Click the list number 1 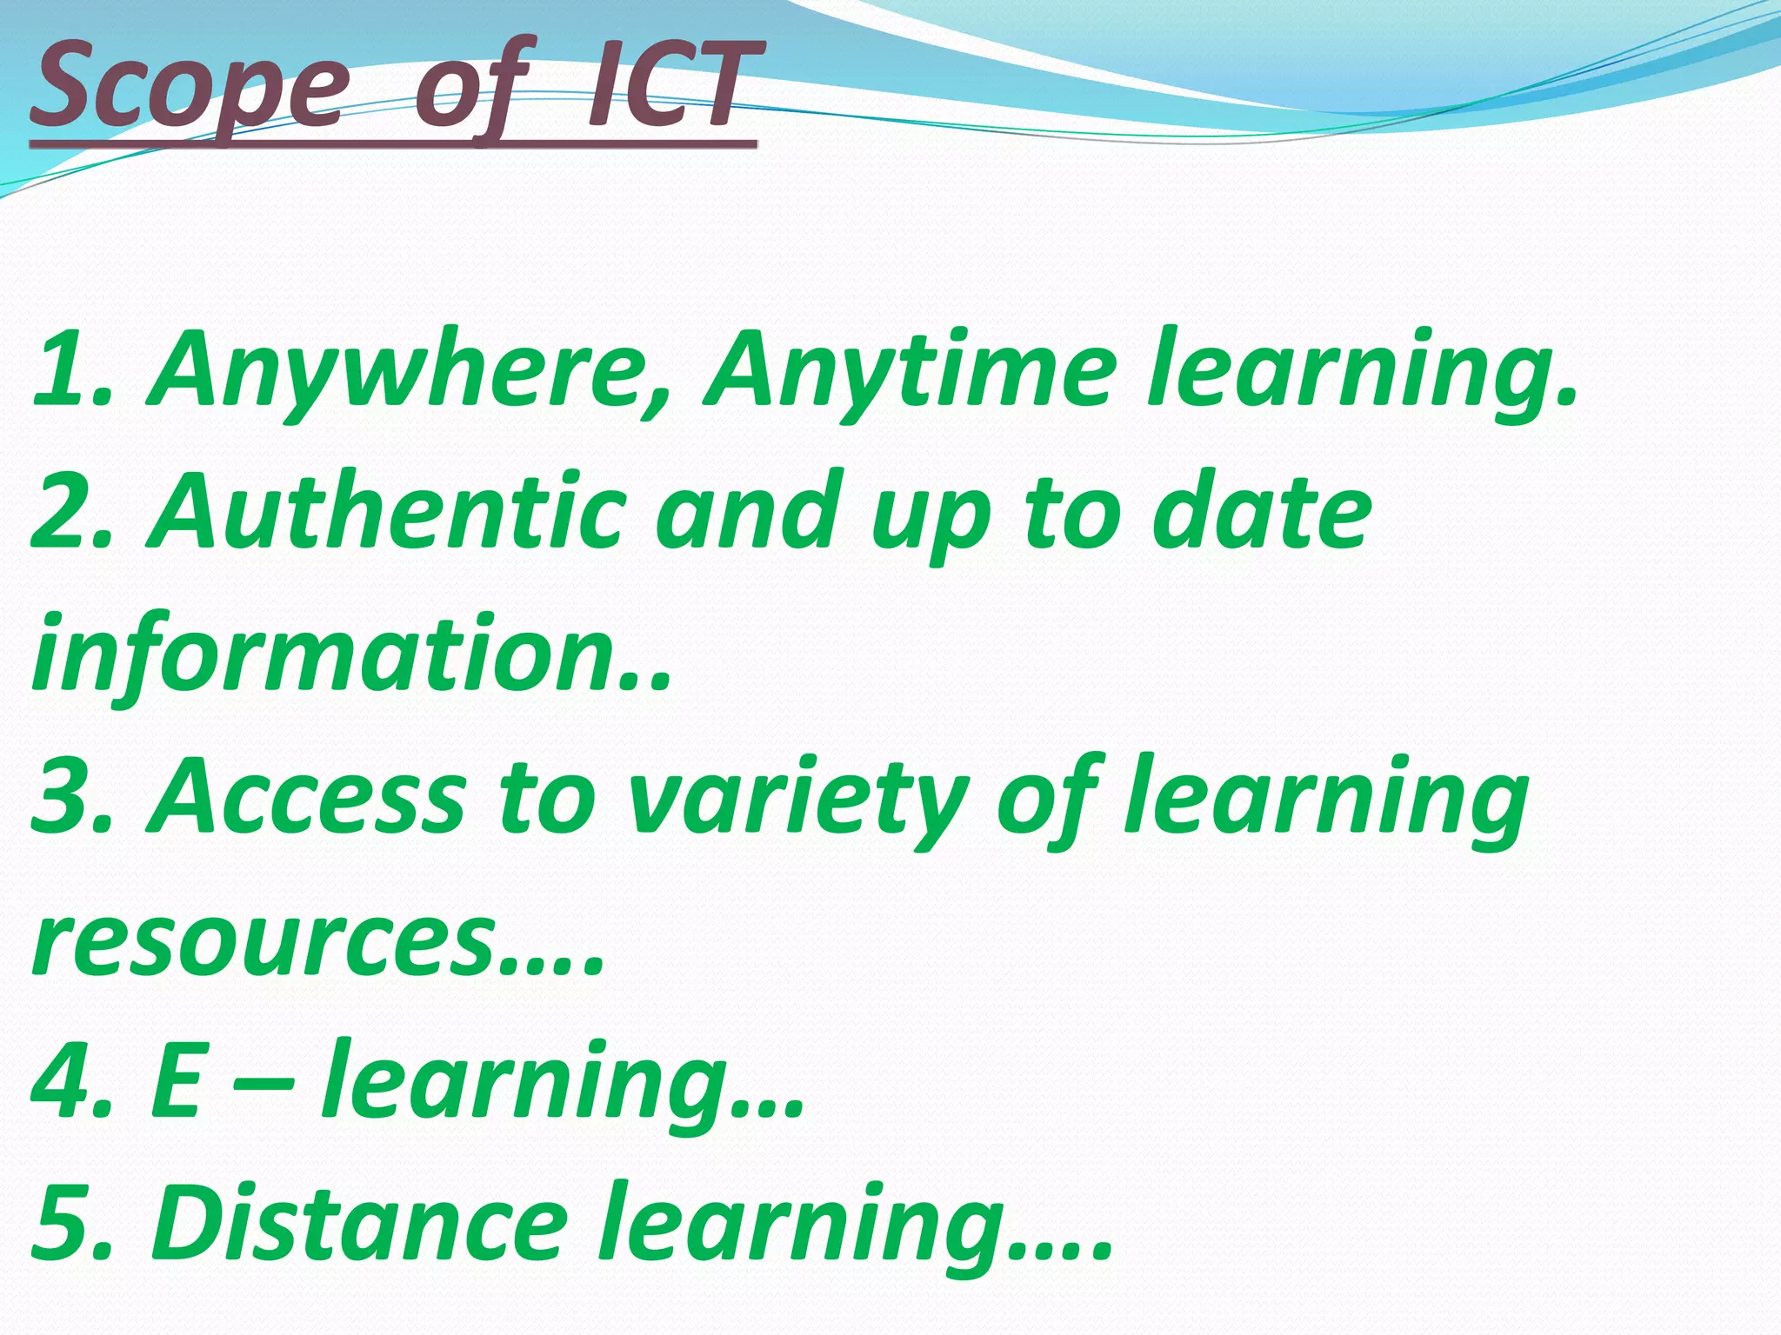(65, 369)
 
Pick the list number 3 (65, 795)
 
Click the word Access (309, 795)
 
